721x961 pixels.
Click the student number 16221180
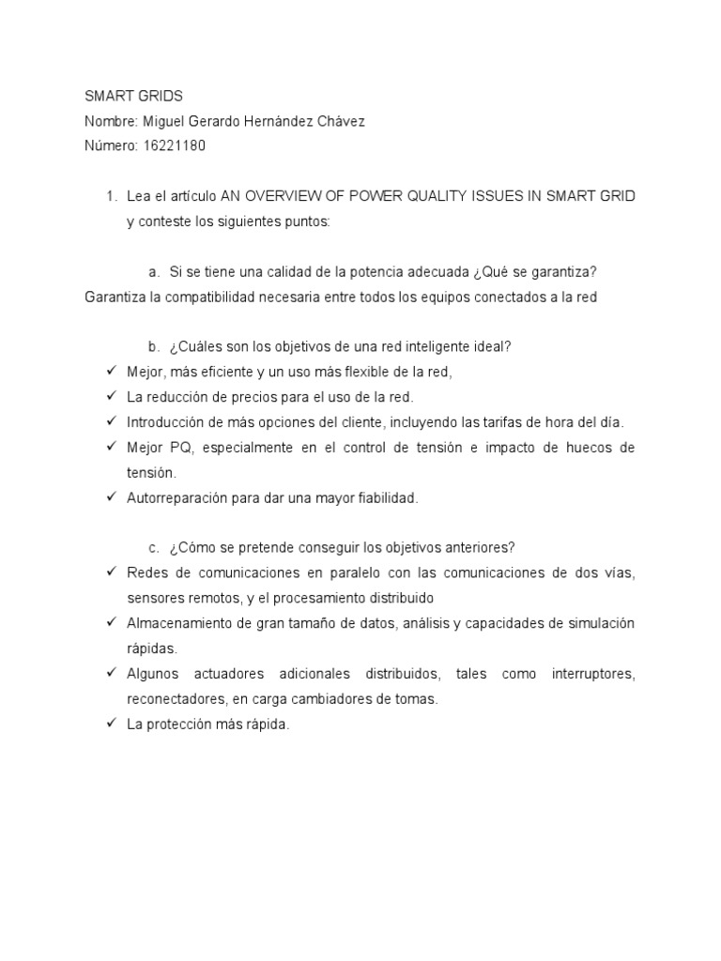coord(176,145)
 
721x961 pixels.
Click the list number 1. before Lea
coord(111,196)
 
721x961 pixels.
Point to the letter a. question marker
coord(155,272)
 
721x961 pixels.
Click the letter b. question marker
coord(155,346)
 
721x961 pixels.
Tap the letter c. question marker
coord(155,548)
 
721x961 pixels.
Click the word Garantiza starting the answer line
coord(115,297)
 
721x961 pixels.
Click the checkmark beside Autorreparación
coord(111,498)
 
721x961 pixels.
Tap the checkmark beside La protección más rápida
coord(111,725)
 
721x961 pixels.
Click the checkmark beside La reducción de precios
coord(111,397)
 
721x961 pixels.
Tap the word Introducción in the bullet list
coord(164,422)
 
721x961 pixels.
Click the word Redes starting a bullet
coord(146,572)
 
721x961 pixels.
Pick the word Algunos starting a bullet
coord(154,674)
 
